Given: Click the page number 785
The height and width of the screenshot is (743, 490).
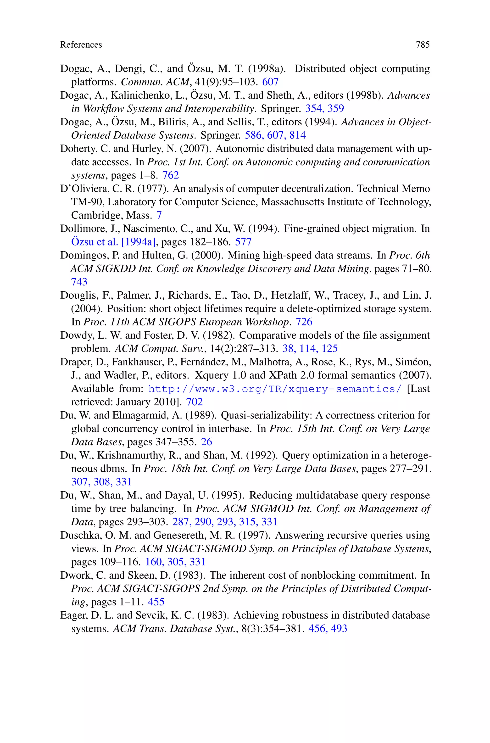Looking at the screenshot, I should coord(423,45).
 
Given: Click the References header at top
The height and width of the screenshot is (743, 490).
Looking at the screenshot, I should coord(81,45).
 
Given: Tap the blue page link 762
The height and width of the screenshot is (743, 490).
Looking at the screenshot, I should coord(170,175).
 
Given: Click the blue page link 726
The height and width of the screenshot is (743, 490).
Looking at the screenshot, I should coord(304,322).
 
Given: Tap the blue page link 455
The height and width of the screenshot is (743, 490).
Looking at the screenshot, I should coord(156,602).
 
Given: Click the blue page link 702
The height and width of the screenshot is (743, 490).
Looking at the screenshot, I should coord(194,402).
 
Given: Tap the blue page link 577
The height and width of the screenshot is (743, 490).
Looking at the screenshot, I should coord(243,242).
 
